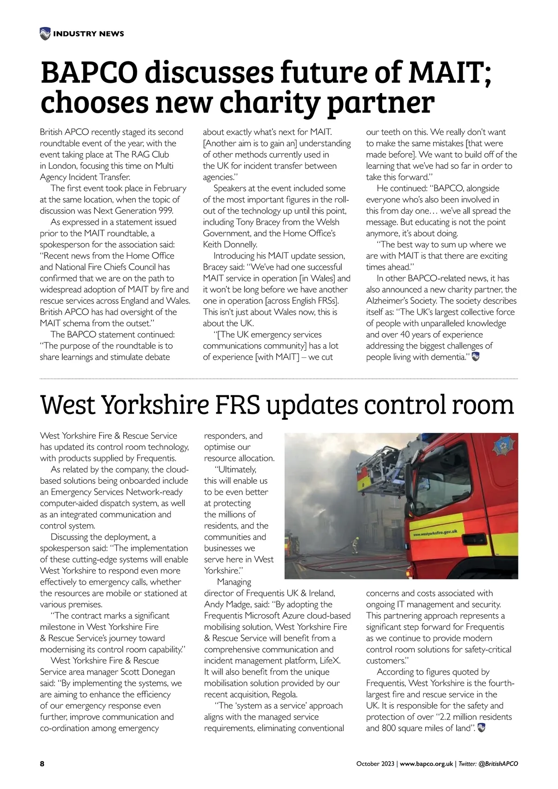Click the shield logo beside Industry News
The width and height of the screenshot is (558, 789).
(45, 33)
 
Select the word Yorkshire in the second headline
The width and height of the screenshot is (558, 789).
(154, 405)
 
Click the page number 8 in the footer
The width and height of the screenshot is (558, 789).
(42, 764)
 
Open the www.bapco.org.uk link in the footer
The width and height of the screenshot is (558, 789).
(426, 764)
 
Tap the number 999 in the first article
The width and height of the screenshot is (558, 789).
(164, 211)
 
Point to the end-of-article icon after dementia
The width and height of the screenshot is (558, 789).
(475, 357)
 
